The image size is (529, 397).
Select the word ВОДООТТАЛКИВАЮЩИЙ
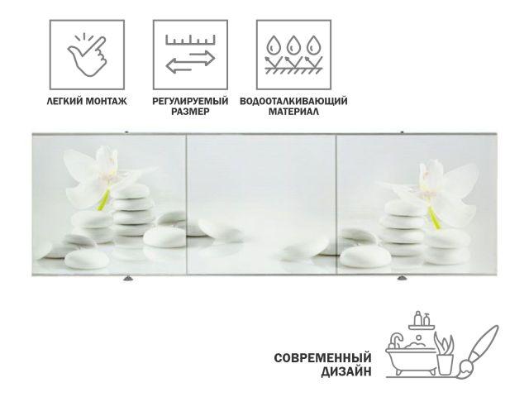tap(292, 101)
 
